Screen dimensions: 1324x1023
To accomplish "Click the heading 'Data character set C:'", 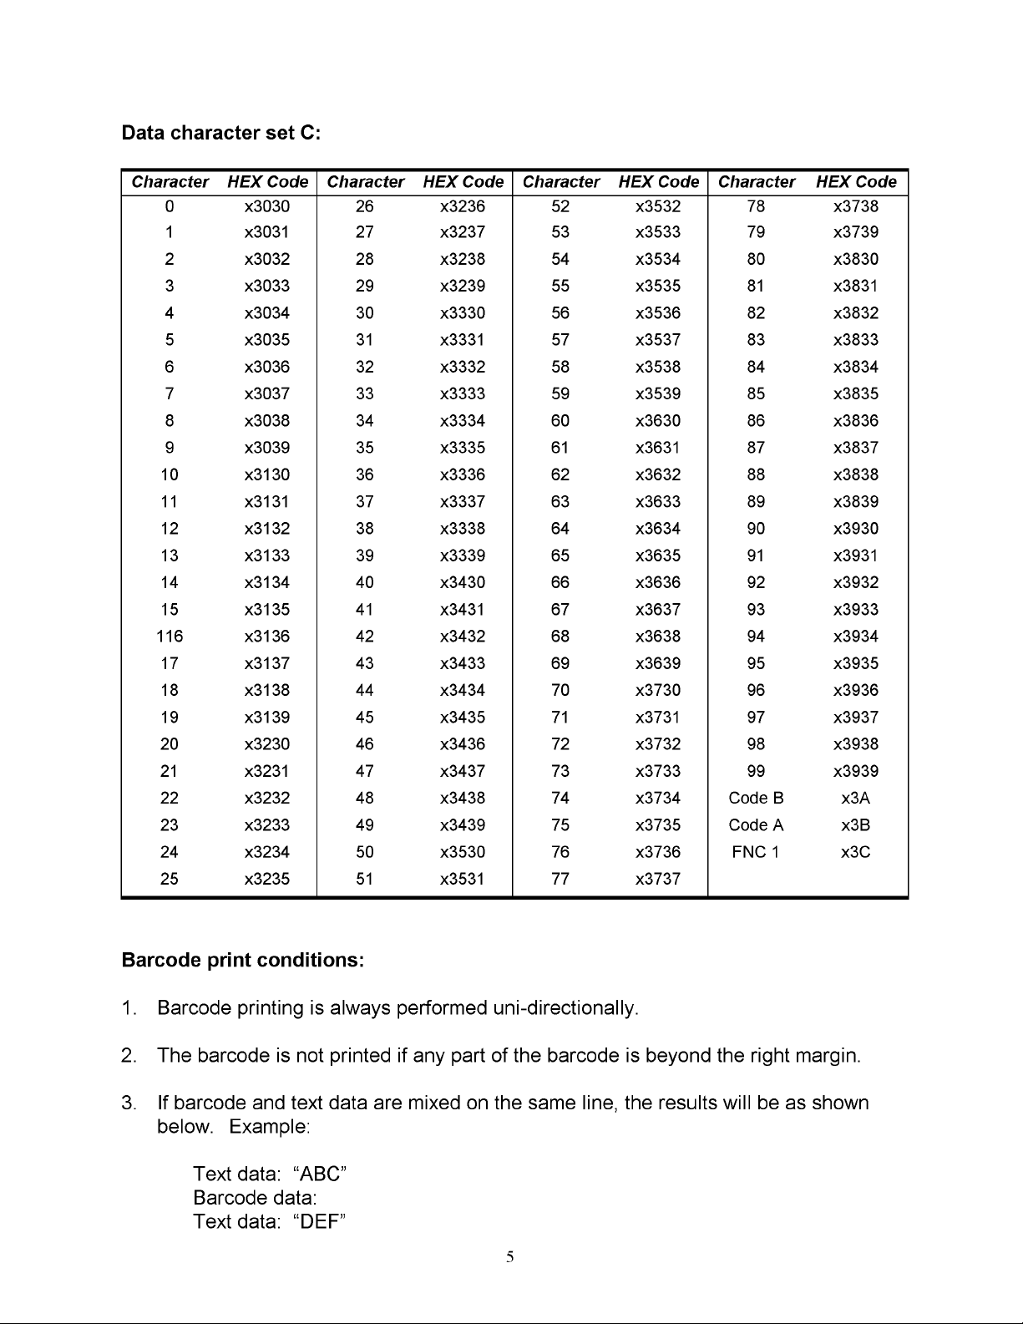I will [x=221, y=134].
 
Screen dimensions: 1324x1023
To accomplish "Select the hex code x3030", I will [x=267, y=206].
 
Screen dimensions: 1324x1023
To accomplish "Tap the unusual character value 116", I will [x=170, y=637].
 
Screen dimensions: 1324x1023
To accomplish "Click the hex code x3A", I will [x=856, y=799].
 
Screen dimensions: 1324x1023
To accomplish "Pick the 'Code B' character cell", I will [x=756, y=799].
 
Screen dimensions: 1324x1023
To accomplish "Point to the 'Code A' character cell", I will [x=756, y=825].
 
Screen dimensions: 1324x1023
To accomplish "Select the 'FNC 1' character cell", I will [x=756, y=852].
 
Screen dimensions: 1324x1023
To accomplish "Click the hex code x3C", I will [x=856, y=852].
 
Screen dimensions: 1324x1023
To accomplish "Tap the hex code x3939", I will [x=856, y=771].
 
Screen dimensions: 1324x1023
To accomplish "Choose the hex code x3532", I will [x=658, y=206].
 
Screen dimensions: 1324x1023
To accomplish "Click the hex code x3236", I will [x=463, y=206].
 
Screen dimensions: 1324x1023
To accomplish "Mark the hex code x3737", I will [x=658, y=879].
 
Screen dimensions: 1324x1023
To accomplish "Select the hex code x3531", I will [x=463, y=879].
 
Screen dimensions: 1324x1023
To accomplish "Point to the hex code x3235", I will [x=267, y=879].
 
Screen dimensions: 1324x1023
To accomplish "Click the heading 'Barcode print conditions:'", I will [x=243, y=961].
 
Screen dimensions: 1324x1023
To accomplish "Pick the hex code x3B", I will [x=856, y=825].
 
